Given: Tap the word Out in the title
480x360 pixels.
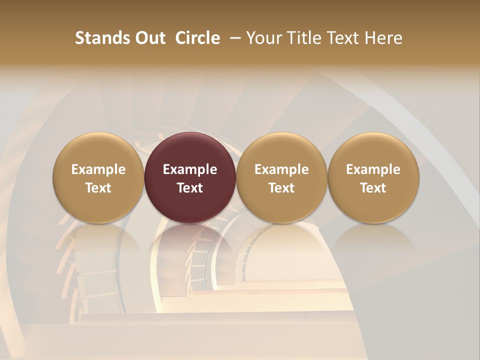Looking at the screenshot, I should [x=148, y=38].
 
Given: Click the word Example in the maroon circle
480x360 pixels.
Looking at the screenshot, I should [x=190, y=169].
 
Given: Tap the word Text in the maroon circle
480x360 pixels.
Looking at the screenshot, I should [x=190, y=188].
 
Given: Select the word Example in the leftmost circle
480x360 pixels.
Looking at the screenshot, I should [x=98, y=169].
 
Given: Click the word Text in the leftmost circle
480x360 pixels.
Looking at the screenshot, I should [x=98, y=188].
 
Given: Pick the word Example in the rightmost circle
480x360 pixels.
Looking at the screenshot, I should [x=373, y=169].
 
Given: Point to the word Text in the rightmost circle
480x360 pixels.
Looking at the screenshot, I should [x=373, y=188].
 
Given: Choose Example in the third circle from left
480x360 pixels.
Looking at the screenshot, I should [x=281, y=169].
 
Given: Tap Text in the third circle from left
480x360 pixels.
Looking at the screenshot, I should [x=281, y=188].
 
